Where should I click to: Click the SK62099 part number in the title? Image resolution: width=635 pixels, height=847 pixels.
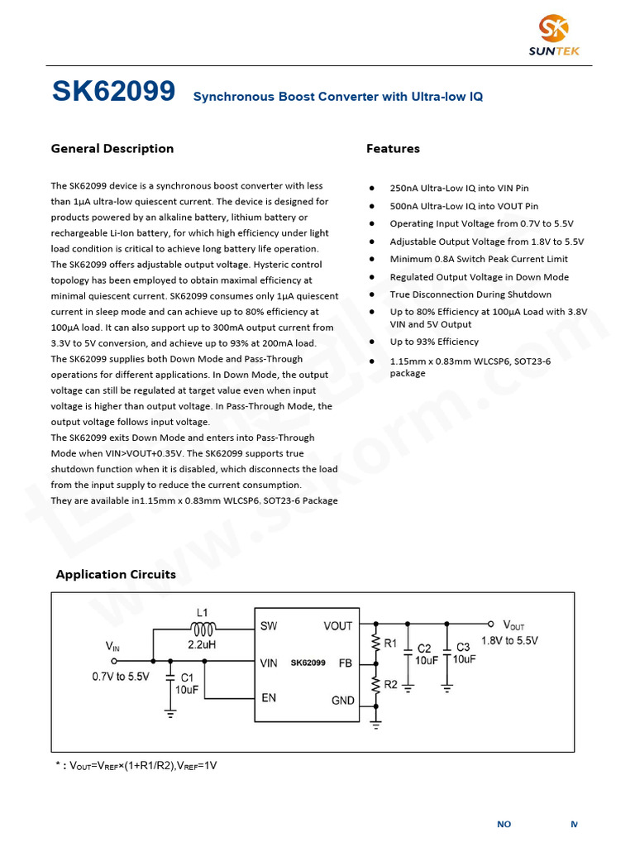point(113,92)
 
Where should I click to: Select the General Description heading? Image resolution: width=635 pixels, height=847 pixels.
point(112,149)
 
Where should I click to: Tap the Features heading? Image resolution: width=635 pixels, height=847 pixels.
point(393,149)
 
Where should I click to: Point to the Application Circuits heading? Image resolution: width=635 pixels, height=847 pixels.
point(116,574)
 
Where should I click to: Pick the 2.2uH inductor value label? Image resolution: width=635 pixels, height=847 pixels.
point(203,644)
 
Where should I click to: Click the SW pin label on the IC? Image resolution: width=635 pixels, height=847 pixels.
point(269,626)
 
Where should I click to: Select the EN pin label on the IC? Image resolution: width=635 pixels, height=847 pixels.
point(269,698)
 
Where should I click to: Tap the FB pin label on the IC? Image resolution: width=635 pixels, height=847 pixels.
point(346,663)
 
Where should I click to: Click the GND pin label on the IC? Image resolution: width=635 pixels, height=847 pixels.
point(343,701)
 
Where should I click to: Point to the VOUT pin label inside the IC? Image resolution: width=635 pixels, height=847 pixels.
point(337,626)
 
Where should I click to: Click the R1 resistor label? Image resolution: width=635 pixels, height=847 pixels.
point(391,643)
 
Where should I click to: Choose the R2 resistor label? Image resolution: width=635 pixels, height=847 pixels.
point(391,684)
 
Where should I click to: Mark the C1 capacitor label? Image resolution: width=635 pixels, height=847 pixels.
point(187,677)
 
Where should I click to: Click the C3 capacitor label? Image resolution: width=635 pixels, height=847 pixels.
point(464,647)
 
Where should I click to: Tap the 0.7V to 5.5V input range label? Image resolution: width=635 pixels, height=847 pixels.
point(121,677)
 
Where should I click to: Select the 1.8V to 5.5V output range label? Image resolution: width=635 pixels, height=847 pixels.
point(509,641)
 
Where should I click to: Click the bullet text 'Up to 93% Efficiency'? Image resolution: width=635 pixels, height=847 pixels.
point(434,342)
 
